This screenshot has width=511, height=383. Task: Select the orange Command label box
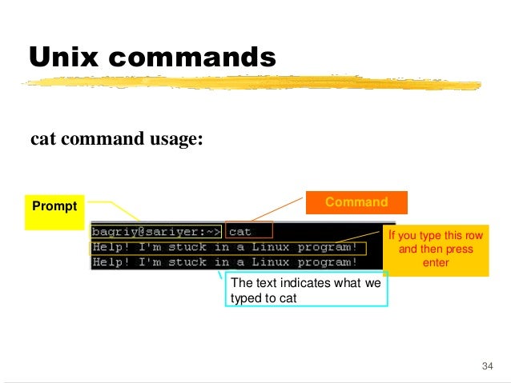pyautogui.click(x=356, y=202)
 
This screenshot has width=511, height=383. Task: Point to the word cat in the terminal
pyautogui.click(x=240, y=231)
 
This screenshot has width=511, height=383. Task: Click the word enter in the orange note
pyautogui.click(x=436, y=262)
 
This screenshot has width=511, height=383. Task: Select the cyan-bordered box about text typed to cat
pyautogui.click(x=308, y=289)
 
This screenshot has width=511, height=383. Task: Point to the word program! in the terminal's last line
pyautogui.click(x=327, y=261)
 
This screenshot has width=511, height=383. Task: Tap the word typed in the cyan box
pyautogui.click(x=246, y=297)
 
